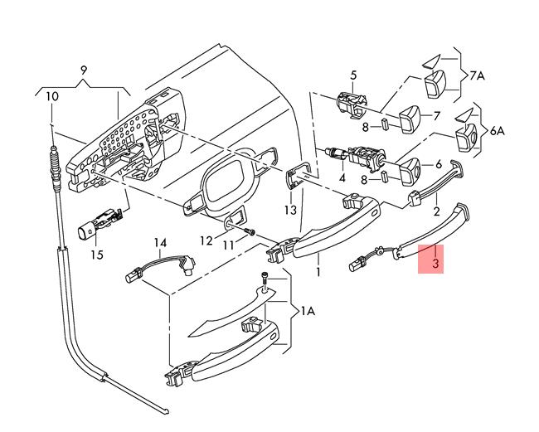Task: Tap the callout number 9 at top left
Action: coord(84,70)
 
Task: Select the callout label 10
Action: coord(52,96)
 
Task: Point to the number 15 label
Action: coord(97,255)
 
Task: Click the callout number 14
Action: coord(160,242)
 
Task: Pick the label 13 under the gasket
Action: coord(290,211)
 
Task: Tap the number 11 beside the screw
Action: coord(229,245)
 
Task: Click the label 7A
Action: coord(478,75)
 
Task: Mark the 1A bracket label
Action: coord(307,311)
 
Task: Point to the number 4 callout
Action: coord(342,177)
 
